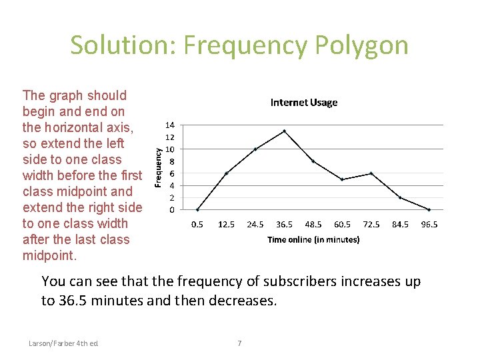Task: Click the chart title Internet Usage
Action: [303, 103]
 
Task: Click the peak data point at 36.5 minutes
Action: [285, 131]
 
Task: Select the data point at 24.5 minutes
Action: [255, 149]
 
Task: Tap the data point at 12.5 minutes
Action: [227, 173]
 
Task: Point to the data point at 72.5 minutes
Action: [371, 173]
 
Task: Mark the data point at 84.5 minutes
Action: [400, 197]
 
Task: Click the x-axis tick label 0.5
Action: [197, 225]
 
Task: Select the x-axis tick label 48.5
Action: [313, 225]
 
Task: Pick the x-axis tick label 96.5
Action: [429, 225]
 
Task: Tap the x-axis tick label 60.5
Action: [343, 225]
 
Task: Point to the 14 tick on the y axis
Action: [171, 125]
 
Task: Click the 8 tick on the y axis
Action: [171, 161]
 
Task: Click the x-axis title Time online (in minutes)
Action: [313, 240]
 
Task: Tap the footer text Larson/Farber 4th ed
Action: [63, 343]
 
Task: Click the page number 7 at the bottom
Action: [240, 343]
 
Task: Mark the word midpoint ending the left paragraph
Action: [49, 256]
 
